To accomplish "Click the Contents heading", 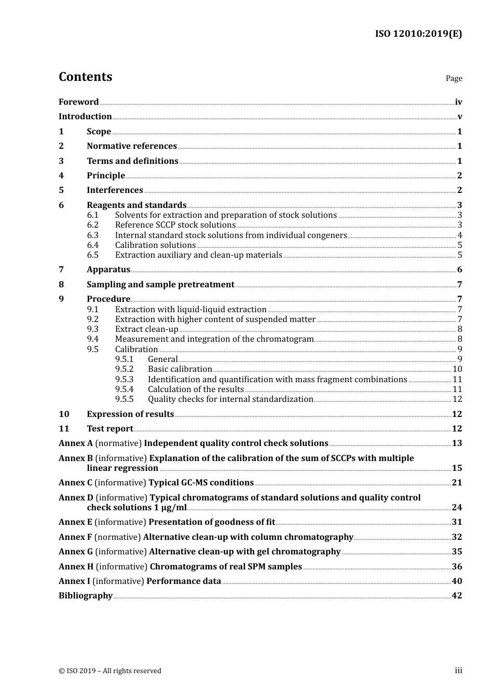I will [x=85, y=77].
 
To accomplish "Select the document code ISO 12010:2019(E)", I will [x=418, y=34].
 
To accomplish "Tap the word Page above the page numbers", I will [x=454, y=78].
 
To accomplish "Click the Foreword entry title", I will [x=78, y=102].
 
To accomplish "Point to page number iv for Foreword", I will [x=458, y=102].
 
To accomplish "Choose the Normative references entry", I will [x=132, y=146].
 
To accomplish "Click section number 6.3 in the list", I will [x=93, y=235].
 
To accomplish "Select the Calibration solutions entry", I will [x=155, y=245].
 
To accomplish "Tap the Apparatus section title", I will [x=108, y=270].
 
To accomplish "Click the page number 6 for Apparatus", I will [x=459, y=270].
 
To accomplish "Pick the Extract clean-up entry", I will [x=146, y=329].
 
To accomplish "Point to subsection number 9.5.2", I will [x=125, y=369].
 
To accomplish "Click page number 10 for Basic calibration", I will [x=457, y=369].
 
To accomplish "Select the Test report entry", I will [x=110, y=429].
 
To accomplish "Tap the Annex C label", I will [x=75, y=483].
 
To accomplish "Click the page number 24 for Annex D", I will [x=457, y=508].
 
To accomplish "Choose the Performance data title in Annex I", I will [x=184, y=581].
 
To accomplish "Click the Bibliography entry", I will [x=86, y=596].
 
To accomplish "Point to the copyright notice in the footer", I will [x=110, y=671].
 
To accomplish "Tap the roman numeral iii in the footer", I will [x=458, y=671].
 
